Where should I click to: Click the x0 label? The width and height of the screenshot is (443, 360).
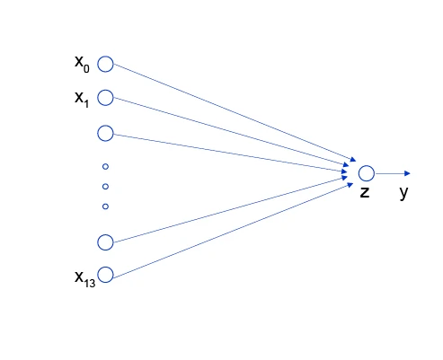(82, 64)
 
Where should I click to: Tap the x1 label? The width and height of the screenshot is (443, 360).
(82, 99)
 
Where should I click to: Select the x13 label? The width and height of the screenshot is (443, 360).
(85, 278)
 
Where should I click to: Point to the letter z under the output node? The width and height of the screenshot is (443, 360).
(365, 192)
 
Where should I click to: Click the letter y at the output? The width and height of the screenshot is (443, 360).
(403, 192)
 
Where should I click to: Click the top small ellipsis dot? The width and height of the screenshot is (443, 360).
(105, 167)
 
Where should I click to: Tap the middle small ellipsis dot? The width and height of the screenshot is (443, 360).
(105, 187)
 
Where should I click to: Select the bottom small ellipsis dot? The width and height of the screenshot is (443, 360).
(105, 206)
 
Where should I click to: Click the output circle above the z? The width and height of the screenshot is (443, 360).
(367, 165)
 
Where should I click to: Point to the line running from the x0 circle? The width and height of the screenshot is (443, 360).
(235, 112)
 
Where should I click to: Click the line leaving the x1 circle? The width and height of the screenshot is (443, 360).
(231, 132)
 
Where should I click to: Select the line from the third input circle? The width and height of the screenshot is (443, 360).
(230, 154)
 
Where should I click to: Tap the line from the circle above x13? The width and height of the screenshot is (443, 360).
(230, 209)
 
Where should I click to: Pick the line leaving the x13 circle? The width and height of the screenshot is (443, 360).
(234, 231)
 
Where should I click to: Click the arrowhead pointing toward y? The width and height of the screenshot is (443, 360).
(407, 173)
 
